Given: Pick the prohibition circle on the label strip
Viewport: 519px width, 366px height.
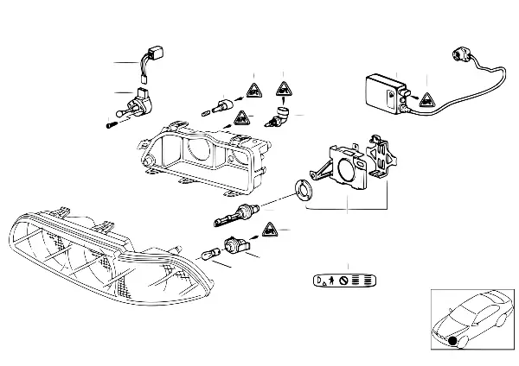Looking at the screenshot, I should [x=343, y=281].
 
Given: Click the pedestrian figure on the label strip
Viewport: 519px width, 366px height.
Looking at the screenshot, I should [x=331, y=281].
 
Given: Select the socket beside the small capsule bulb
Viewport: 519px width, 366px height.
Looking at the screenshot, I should [x=234, y=245].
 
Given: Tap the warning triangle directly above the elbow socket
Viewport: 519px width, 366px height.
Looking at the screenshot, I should [x=282, y=88].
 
